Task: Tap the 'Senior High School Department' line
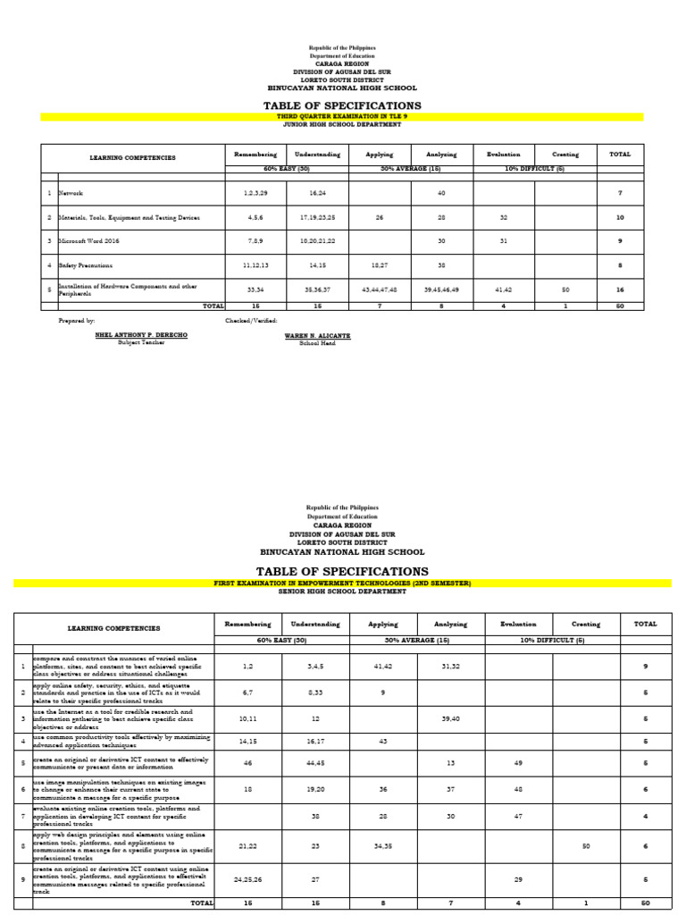342,592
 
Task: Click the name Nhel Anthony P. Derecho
130,336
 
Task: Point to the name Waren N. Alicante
317,336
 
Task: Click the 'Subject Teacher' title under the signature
130,343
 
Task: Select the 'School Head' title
317,343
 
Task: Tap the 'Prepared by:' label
77,320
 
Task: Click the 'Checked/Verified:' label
251,320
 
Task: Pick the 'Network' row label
71,193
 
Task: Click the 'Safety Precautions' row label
86,265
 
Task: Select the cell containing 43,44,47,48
380,290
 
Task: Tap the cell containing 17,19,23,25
317,217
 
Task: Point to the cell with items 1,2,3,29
255,193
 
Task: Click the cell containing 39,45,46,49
441,290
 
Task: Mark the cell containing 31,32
450,666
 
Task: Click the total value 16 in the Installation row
619,290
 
